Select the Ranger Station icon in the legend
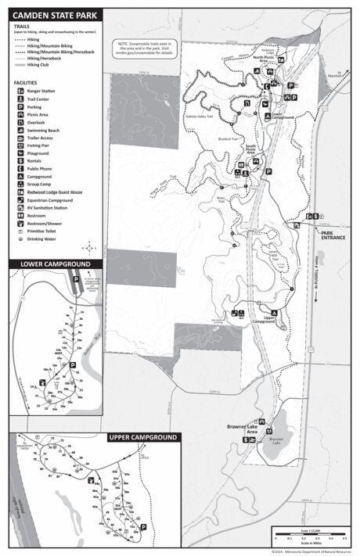click(x=20, y=91)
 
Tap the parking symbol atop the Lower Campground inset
click(x=76, y=278)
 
